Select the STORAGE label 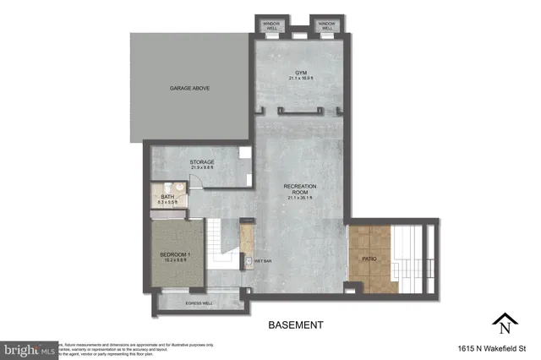202,161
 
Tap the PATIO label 369,259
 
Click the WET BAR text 263,261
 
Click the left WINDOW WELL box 270,25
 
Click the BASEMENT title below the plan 295,325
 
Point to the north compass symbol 504,323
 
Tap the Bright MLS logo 29,348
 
